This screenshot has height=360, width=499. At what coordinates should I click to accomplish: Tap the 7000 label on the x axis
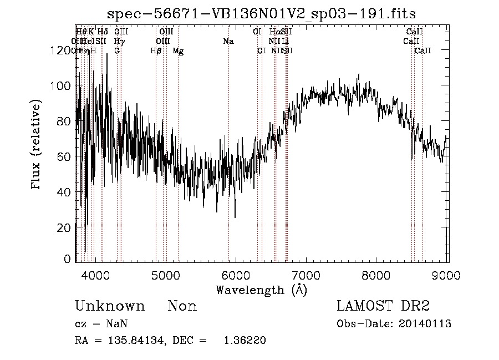tap(307, 276)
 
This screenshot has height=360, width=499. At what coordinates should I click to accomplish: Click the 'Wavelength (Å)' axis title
tap(261, 290)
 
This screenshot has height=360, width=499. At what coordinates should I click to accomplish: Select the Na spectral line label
tap(228, 42)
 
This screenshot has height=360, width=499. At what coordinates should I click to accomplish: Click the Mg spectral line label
tap(178, 51)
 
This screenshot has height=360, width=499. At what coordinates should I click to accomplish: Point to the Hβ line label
tap(156, 51)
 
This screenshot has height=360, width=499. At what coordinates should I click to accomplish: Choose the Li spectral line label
tap(286, 42)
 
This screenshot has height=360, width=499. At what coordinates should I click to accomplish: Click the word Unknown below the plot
tap(110, 306)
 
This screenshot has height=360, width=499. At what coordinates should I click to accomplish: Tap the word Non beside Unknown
tap(182, 306)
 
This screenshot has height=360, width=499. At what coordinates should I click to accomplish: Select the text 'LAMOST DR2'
tap(383, 306)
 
